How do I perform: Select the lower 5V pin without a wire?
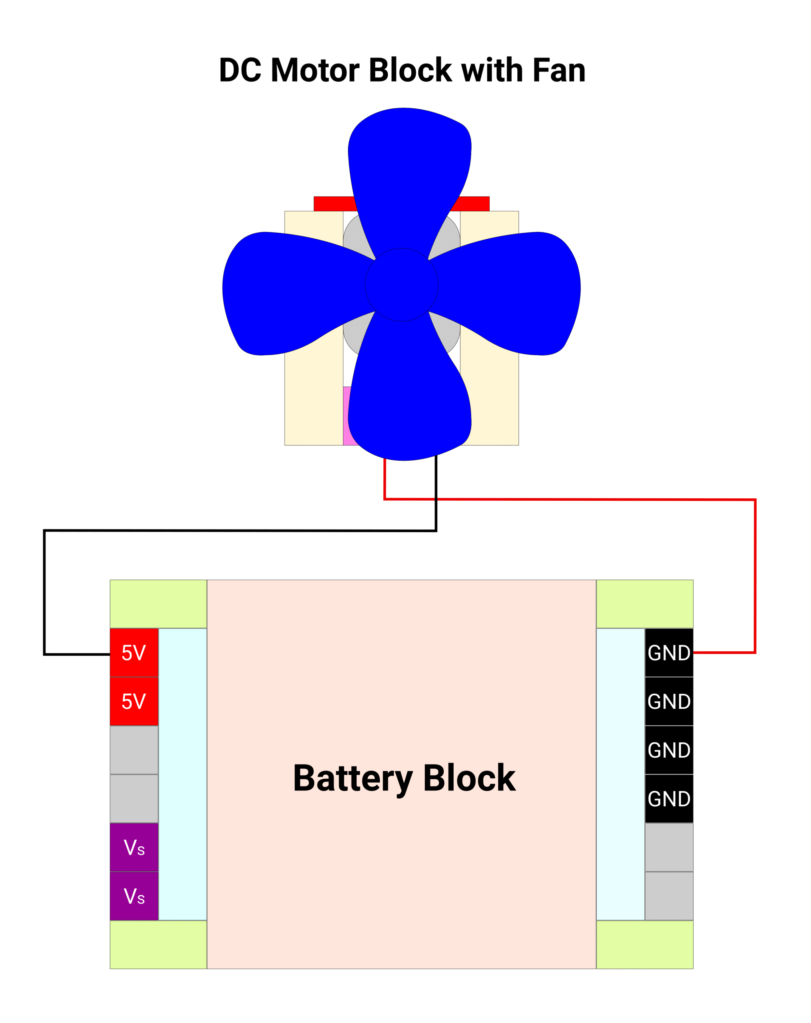coord(134,701)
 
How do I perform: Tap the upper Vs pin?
coord(134,847)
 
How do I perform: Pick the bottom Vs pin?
coord(134,896)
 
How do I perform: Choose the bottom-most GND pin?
coord(669,798)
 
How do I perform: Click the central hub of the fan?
coord(401,285)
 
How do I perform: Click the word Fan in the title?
coord(558,70)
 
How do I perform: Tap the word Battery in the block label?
coord(353,778)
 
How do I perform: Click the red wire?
coord(755,569)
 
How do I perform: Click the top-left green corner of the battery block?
coord(158,603)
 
